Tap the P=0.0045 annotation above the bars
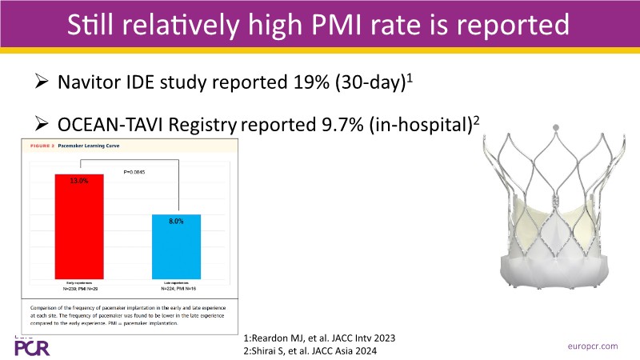pos(133,171)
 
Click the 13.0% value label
pos(79,182)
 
